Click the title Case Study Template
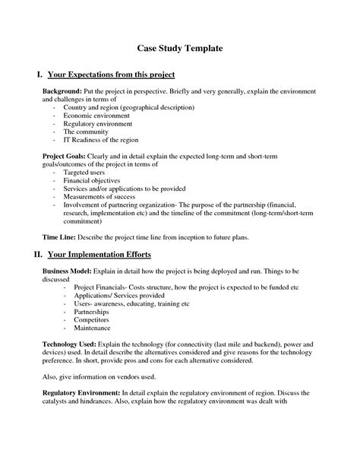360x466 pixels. click(179, 48)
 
